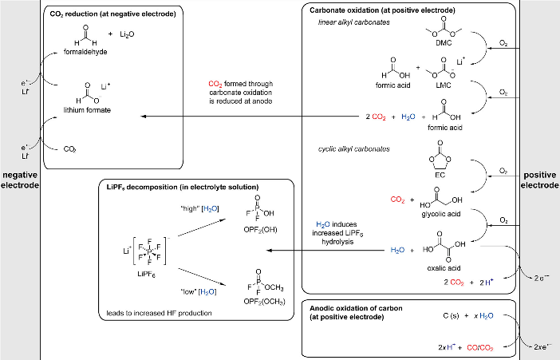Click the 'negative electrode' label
coord(20,180)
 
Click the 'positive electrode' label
coord(539,180)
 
